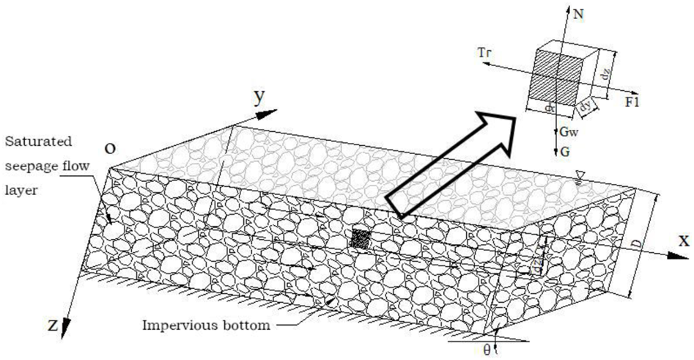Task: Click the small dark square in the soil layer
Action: (360, 239)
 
